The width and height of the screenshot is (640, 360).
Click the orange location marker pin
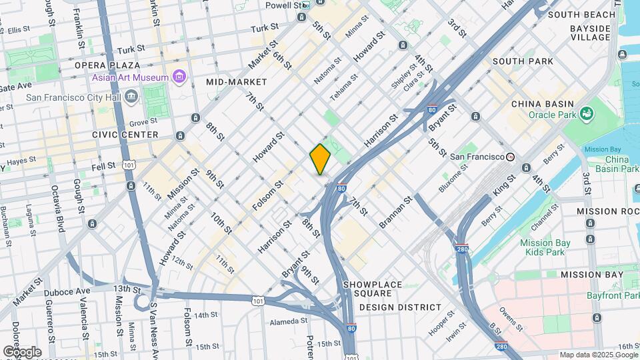[x=320, y=159]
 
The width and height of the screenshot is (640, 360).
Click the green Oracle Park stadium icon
[x=587, y=115]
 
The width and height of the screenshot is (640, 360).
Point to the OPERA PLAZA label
[x=107, y=65]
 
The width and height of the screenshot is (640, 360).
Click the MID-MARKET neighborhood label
[x=236, y=82]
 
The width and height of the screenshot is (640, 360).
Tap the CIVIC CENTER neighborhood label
[x=125, y=135]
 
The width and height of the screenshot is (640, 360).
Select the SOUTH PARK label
[x=523, y=61]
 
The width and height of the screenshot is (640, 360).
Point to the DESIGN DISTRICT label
[x=400, y=307]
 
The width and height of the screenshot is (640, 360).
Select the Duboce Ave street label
[x=66, y=292]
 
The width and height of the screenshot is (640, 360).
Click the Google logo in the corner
[x=22, y=351]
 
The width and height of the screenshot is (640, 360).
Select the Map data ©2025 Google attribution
[x=598, y=355]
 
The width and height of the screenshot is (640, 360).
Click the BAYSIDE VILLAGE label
[x=590, y=33]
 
